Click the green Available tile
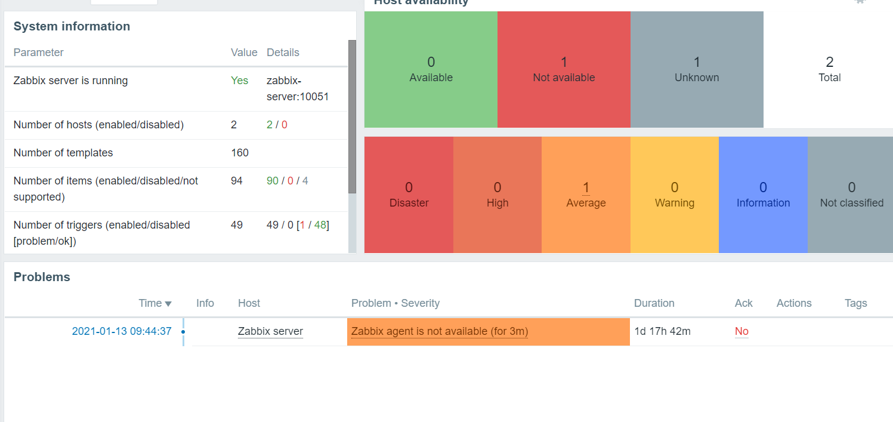pyautogui.click(x=431, y=69)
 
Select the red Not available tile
pyautogui.click(x=564, y=69)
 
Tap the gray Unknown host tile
pyautogui.click(x=697, y=69)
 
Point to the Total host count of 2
pyautogui.click(x=829, y=63)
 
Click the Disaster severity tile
pyautogui.click(x=409, y=195)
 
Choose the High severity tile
pyautogui.click(x=498, y=195)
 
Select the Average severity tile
pyautogui.click(x=586, y=195)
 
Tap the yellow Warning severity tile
pyautogui.click(x=675, y=195)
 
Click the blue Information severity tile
pyautogui.click(x=763, y=195)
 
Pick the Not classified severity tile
pyautogui.click(x=851, y=195)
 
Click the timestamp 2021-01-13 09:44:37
pyautogui.click(x=122, y=331)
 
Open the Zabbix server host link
pyautogui.click(x=270, y=331)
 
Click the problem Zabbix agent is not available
pyautogui.click(x=440, y=331)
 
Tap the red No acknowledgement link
pyautogui.click(x=741, y=331)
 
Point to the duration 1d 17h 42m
pyautogui.click(x=662, y=331)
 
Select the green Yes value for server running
pyautogui.click(x=239, y=81)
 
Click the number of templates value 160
pyautogui.click(x=240, y=153)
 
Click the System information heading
pyautogui.click(x=72, y=26)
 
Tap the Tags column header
pyautogui.click(x=855, y=303)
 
